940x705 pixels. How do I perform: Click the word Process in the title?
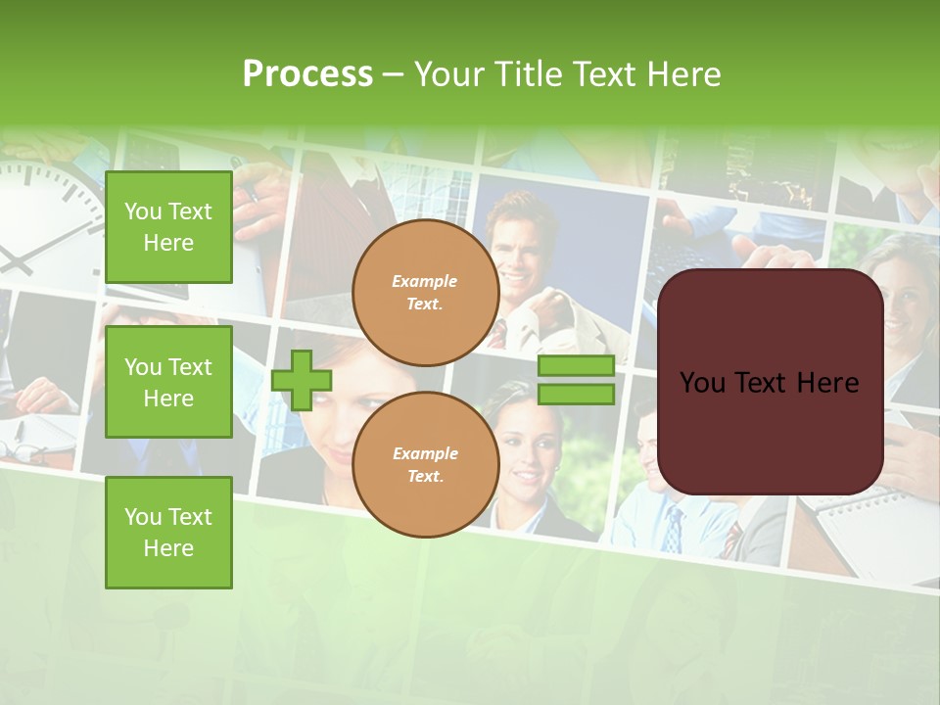[307, 74]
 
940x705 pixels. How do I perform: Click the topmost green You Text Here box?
[168, 227]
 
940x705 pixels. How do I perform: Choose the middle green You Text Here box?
[168, 382]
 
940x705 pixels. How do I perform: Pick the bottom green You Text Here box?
[168, 533]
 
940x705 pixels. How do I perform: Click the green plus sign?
[302, 380]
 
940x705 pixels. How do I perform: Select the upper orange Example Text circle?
[425, 293]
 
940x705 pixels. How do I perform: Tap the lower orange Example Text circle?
[425, 465]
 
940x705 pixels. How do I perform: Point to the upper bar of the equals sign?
[576, 366]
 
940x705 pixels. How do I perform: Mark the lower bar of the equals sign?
[576, 395]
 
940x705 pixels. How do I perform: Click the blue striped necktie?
[673, 529]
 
